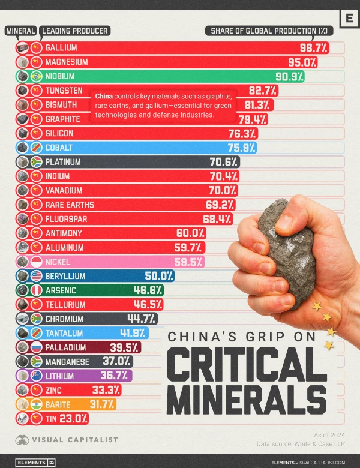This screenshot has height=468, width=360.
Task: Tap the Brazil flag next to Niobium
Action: coord(36,76)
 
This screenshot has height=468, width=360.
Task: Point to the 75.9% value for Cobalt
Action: coord(242,148)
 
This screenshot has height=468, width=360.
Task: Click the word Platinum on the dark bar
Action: coord(62,162)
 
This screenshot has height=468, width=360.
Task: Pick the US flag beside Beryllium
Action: coord(36,276)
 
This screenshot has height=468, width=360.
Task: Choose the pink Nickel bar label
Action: coord(58,262)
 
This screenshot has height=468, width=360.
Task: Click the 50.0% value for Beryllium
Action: coord(159,276)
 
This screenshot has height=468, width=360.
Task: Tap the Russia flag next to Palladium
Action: coord(36,347)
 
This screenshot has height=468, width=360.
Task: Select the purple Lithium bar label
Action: coord(61,376)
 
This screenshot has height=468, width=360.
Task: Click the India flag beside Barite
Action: coord(36,404)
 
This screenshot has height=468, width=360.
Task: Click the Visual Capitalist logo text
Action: coord(75,440)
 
